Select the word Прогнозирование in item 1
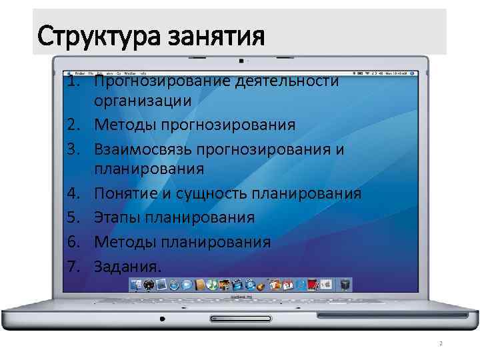tap(165, 81)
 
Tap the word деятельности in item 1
tap(291, 81)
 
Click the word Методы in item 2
tap(127, 125)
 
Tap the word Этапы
tap(118, 218)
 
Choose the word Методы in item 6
tap(127, 241)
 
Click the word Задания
tap(127, 265)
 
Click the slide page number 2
tap(441, 344)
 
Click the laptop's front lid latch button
tap(240, 315)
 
